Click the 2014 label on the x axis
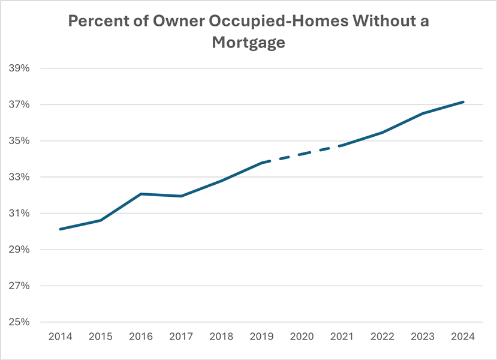click(60, 337)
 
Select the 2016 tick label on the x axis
click(140, 337)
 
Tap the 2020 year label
click(302, 337)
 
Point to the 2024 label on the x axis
click(463, 337)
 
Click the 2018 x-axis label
click(221, 337)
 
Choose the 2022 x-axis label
click(382, 337)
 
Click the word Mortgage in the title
click(248, 43)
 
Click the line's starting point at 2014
click(60, 229)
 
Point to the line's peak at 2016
click(140, 194)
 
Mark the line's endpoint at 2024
click(463, 102)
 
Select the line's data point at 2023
click(423, 113)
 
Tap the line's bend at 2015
click(100, 220)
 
